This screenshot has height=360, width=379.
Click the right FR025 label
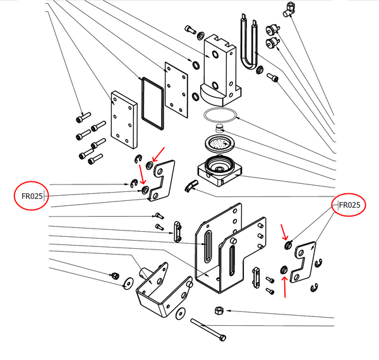coord(349,205)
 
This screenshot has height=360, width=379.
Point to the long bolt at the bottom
coord(208,330)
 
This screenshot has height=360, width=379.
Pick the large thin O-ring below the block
coord(220,115)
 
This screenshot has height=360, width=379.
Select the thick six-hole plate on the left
coord(123,119)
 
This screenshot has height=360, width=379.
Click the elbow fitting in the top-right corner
coord(289,8)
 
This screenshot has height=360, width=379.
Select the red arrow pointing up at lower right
coord(285,285)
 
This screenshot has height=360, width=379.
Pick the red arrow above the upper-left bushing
coord(159,152)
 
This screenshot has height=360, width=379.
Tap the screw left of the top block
coord(191,28)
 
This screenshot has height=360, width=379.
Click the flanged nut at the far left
coord(116,275)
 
